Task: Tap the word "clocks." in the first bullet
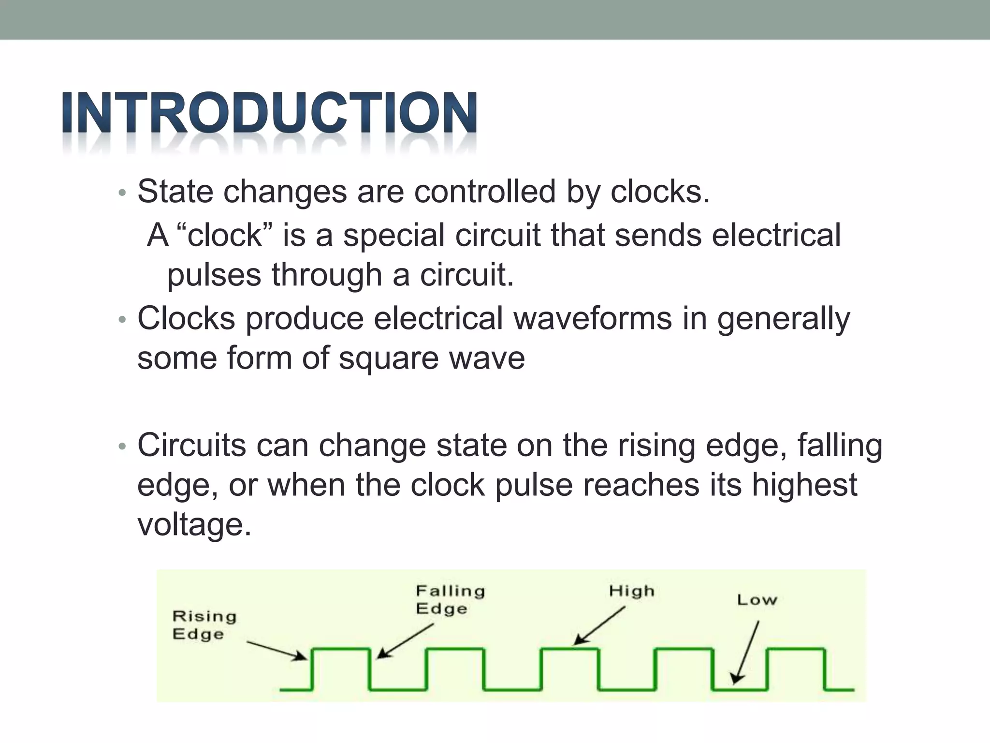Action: tap(660, 192)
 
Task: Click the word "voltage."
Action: tap(194, 525)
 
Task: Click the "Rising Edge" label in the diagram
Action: tap(204, 625)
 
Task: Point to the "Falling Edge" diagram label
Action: tap(450, 599)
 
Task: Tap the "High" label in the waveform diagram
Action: tap(631, 591)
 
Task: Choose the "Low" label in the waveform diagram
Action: tap(757, 600)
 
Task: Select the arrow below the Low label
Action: tap(746, 653)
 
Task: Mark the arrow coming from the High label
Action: tap(599, 626)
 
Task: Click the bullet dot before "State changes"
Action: tap(122, 193)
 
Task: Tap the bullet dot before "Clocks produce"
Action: tap(122, 320)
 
